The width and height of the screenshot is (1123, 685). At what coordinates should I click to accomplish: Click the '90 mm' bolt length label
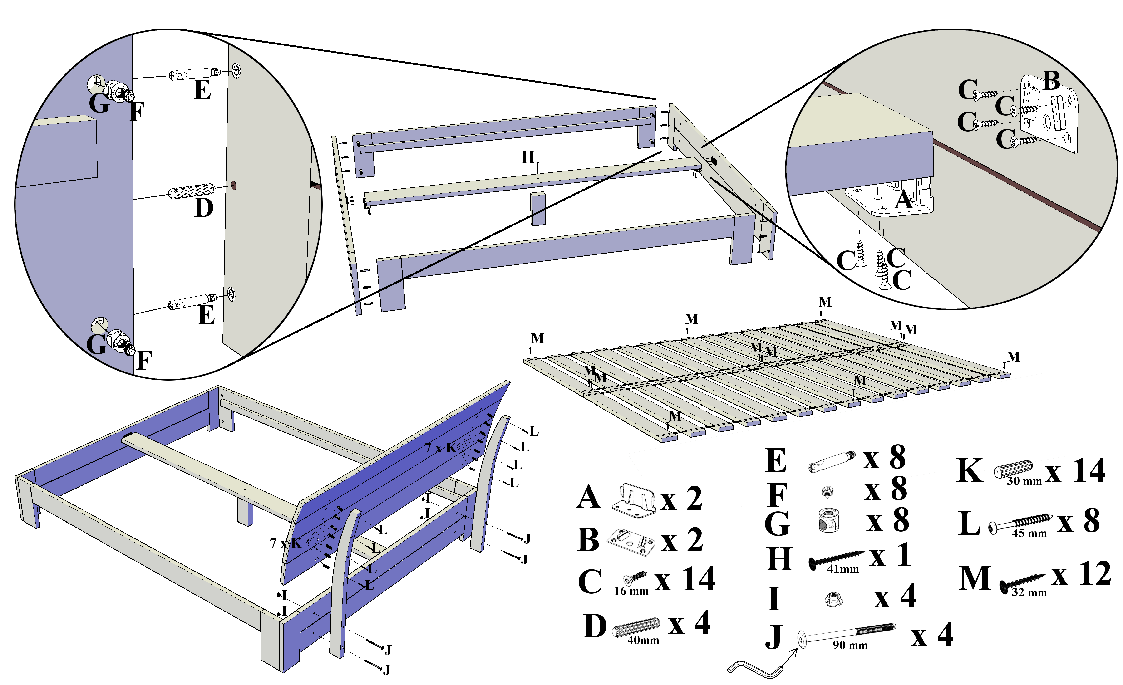point(850,645)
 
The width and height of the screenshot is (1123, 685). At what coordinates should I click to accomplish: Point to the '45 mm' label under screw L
point(1029,533)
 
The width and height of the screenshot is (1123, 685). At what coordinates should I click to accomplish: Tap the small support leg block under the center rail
point(538,209)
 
